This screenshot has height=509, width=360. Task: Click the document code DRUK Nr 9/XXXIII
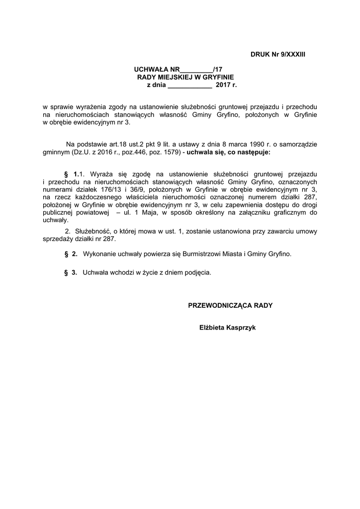[x=277, y=53]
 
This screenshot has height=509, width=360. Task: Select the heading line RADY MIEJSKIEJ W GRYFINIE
[x=185, y=78]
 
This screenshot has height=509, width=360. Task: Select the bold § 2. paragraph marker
[x=71, y=254]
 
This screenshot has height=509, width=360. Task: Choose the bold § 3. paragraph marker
[x=71, y=272]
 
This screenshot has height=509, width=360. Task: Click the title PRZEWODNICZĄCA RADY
[x=230, y=305]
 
